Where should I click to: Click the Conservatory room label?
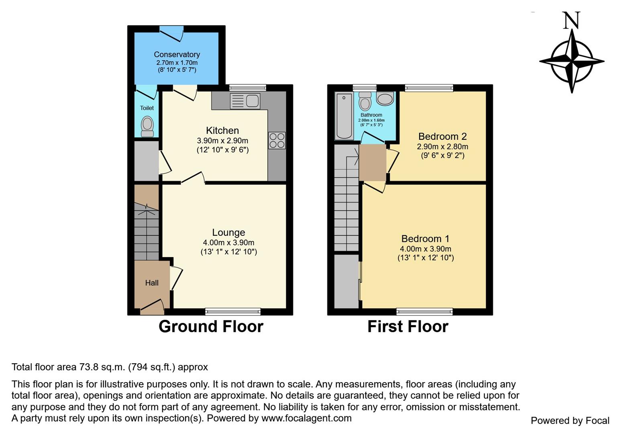(x=177, y=54)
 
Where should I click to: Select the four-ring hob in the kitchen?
(x=277, y=141)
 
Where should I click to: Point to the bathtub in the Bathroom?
(x=344, y=116)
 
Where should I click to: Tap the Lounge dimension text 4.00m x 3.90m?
(x=228, y=243)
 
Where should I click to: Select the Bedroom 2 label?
(x=443, y=136)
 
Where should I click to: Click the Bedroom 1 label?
(x=425, y=239)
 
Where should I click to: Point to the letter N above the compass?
(x=571, y=20)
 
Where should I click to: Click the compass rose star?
(x=571, y=61)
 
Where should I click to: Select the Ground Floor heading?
(x=211, y=326)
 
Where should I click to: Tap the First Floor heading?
(x=408, y=326)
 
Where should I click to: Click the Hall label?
(x=152, y=283)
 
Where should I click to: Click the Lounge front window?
(x=233, y=311)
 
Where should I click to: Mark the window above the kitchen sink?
(x=248, y=88)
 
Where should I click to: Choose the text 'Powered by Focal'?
(x=570, y=420)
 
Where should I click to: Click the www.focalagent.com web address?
(x=306, y=418)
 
